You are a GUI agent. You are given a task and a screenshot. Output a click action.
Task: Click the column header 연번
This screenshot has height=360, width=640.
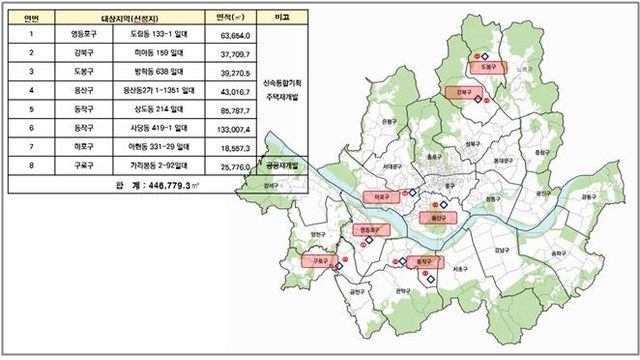(x=32, y=16)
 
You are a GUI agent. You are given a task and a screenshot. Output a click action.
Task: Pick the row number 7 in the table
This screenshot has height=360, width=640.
(x=32, y=146)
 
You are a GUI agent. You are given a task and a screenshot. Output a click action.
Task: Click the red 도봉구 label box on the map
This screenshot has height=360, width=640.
(x=487, y=67)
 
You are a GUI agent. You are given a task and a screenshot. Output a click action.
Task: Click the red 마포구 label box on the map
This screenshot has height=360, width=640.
(x=380, y=197)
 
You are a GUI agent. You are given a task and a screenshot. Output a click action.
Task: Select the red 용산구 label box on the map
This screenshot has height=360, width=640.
(x=435, y=216)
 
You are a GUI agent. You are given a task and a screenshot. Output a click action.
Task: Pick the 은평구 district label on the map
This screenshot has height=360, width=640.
(x=388, y=121)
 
